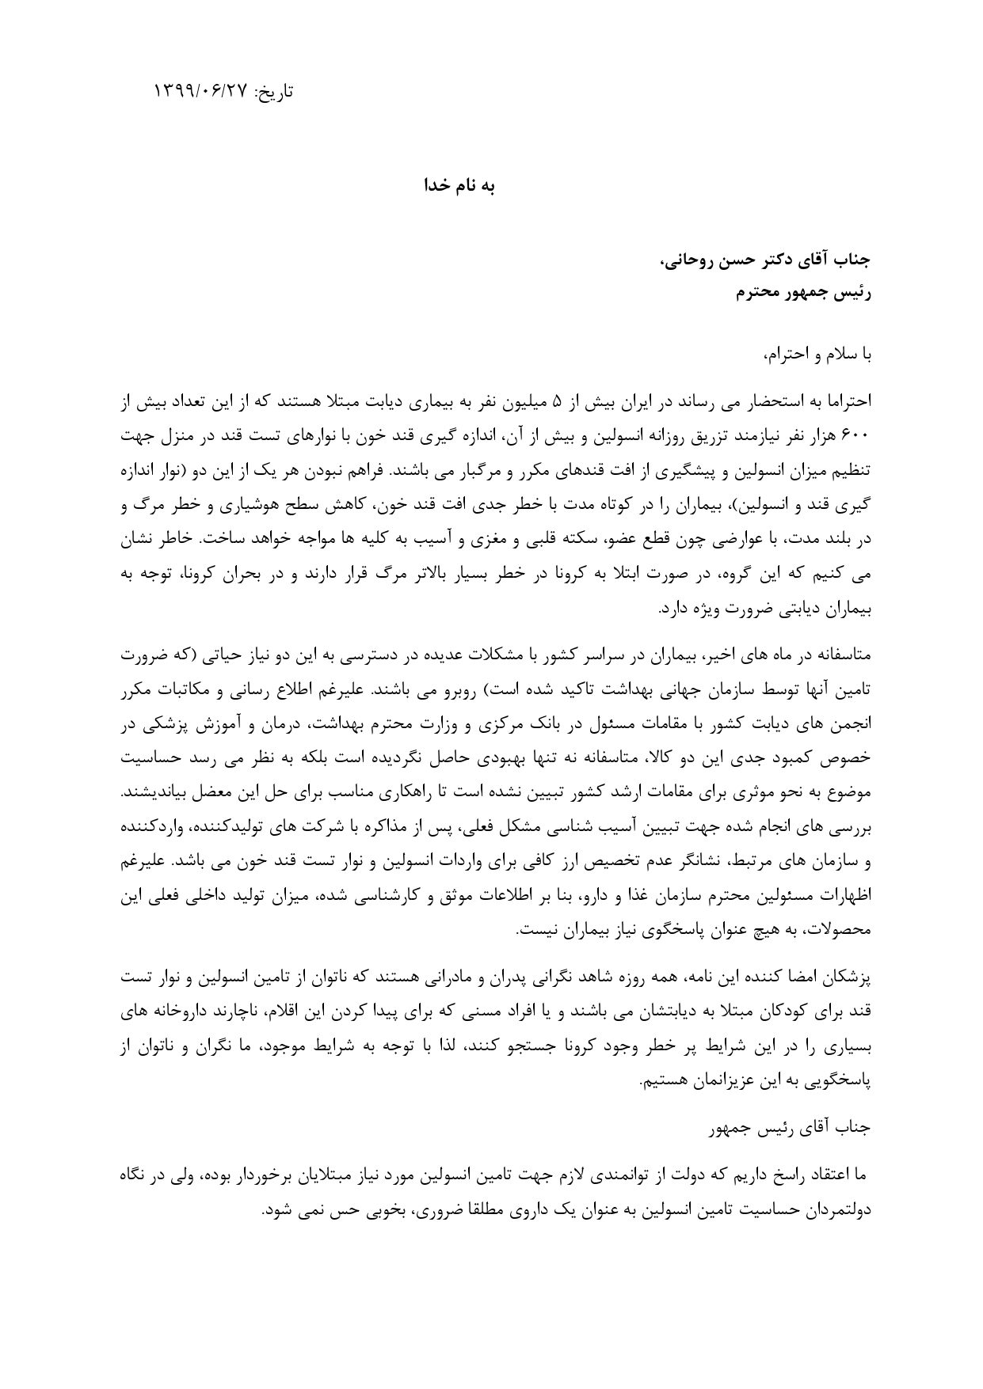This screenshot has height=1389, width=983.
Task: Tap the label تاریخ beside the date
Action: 273,92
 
